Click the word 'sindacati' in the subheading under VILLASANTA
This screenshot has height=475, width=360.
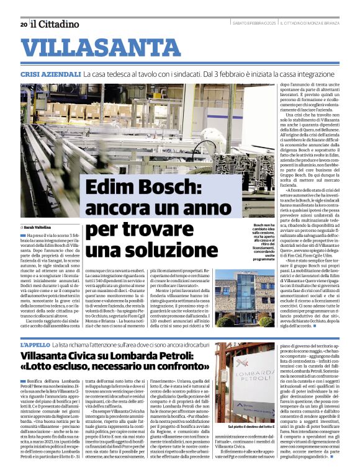pos(215,74)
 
